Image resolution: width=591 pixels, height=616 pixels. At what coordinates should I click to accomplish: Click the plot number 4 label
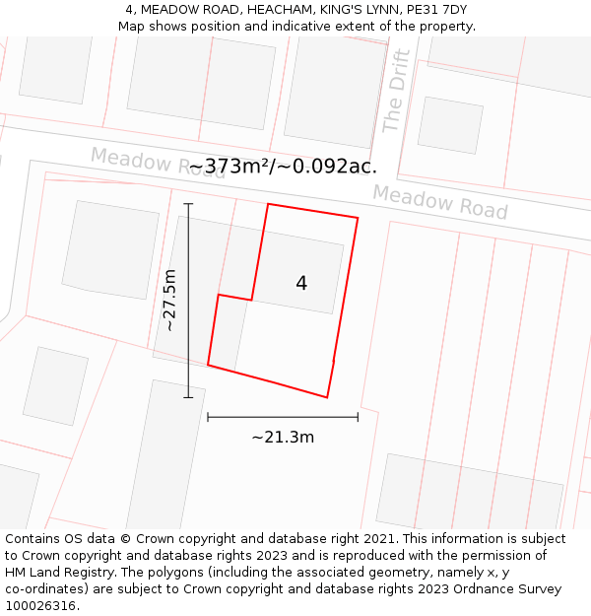click(x=301, y=284)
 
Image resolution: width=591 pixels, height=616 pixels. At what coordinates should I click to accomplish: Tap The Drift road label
click(x=396, y=91)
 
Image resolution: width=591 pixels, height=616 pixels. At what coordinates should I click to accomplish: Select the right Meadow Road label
click(x=440, y=202)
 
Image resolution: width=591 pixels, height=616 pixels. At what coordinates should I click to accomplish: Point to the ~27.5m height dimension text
click(x=169, y=300)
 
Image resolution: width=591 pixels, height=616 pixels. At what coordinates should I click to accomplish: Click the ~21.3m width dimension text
click(x=283, y=437)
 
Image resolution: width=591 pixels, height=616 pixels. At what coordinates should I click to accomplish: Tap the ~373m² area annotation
click(x=283, y=166)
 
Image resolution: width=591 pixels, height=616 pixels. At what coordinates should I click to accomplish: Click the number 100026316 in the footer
click(x=41, y=606)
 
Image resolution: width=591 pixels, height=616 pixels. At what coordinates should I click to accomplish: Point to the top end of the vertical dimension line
click(x=188, y=203)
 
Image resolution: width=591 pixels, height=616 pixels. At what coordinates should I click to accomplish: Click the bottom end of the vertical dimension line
click(x=188, y=398)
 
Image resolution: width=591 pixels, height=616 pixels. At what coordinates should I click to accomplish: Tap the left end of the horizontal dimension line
click(x=208, y=417)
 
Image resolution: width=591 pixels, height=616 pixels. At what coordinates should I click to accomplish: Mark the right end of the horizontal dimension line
click(x=358, y=417)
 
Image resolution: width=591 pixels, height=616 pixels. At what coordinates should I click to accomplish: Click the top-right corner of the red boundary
click(x=358, y=218)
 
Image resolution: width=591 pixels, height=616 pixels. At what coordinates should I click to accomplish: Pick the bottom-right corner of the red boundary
click(x=327, y=398)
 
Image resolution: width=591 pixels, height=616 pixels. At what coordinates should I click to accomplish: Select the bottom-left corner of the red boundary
click(x=208, y=366)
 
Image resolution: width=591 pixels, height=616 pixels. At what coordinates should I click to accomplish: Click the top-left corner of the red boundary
click(x=268, y=204)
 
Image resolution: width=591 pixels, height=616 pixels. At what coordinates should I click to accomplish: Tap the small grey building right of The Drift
click(x=450, y=125)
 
